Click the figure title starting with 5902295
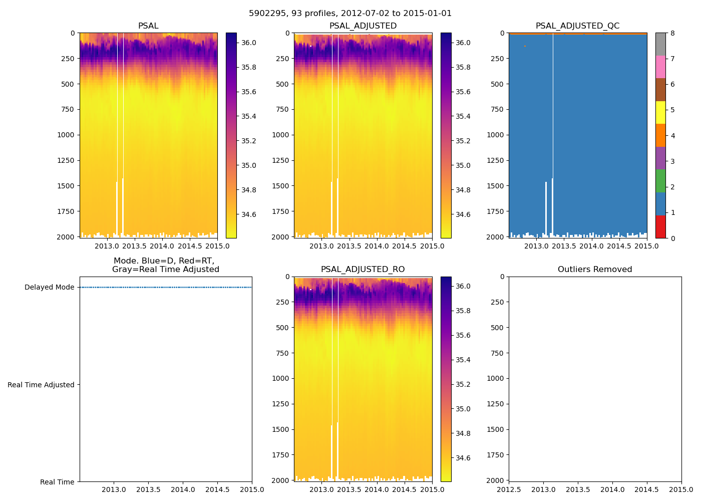[350, 14]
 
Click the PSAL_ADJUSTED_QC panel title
[577, 26]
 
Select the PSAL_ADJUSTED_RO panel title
[363, 270]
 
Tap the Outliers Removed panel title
[595, 270]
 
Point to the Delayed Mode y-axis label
[49, 288]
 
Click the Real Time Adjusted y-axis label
[41, 385]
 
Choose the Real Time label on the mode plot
[57, 482]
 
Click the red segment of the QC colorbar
[660, 226]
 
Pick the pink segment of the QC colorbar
[660, 67]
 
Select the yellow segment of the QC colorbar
[660, 113]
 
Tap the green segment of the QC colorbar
[660, 181]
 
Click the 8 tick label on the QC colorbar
[672, 34]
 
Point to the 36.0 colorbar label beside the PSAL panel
[249, 43]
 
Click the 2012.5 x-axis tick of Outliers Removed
[509, 489]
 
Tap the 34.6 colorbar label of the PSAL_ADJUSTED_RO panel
[464, 458]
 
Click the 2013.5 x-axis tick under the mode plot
[148, 489]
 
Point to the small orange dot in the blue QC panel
[525, 46]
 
